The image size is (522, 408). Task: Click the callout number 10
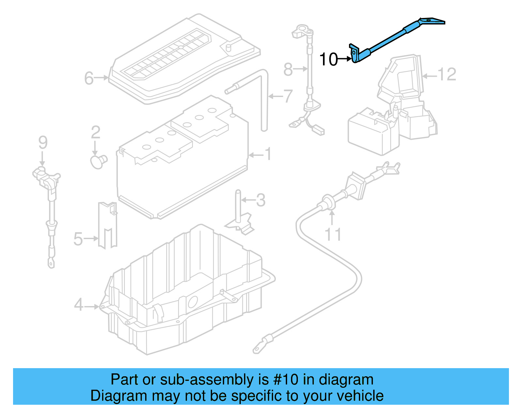[328, 59]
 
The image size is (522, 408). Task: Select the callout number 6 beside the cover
[89, 78]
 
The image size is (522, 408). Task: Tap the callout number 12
[446, 74]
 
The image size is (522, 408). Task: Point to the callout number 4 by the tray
[79, 305]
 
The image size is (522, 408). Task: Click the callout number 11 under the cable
[333, 235]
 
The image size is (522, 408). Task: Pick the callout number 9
[43, 142]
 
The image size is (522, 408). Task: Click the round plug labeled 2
[98, 161]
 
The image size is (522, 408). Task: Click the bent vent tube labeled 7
[264, 98]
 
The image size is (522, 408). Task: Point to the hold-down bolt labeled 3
[238, 206]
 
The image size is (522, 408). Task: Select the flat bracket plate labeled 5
[107, 225]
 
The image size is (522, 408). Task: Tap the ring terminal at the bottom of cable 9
[51, 262]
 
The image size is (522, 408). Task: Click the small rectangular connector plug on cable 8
[319, 131]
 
